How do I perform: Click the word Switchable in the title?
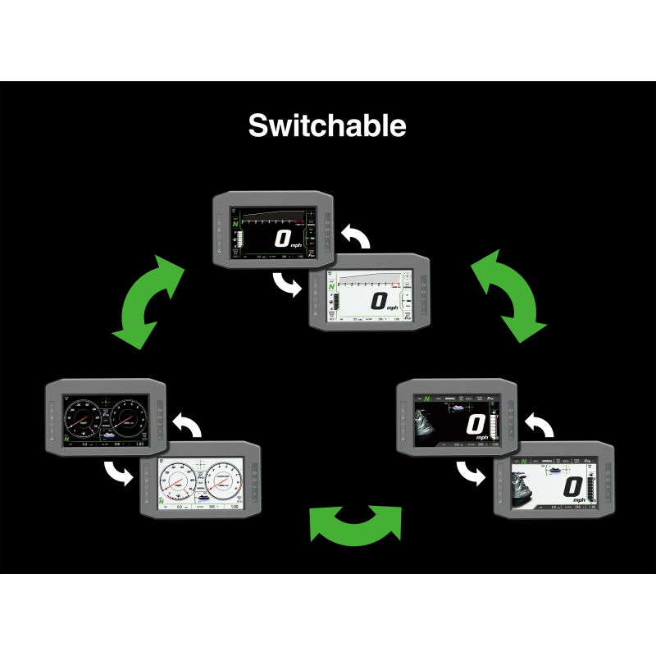click(x=327, y=125)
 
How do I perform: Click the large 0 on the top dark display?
click(x=282, y=239)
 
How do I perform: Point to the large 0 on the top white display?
click(x=378, y=301)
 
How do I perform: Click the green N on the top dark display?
click(x=236, y=222)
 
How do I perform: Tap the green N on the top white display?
click(x=332, y=285)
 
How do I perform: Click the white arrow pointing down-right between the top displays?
click(x=288, y=285)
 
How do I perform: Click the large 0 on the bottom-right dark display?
click(x=476, y=425)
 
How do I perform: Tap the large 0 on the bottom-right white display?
click(x=573, y=490)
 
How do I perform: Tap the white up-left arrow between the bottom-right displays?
click(x=540, y=428)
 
